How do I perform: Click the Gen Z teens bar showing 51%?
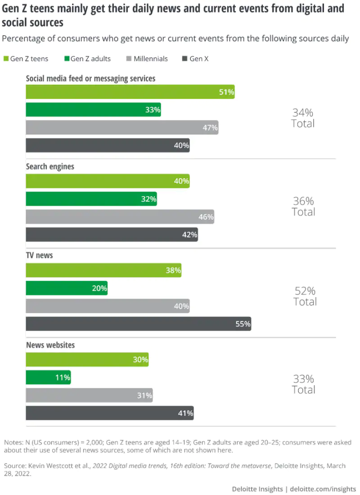click(x=130, y=92)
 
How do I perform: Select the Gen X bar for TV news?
click(x=138, y=324)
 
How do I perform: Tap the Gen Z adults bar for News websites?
click(x=48, y=378)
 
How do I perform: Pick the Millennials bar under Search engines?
click(x=120, y=217)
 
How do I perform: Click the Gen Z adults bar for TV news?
click(x=67, y=288)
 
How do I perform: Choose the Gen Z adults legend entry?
click(x=87, y=58)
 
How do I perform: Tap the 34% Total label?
click(x=303, y=118)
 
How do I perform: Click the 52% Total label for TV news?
click(x=305, y=296)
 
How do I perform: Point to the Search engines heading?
click(x=50, y=166)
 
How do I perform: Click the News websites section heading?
click(x=50, y=345)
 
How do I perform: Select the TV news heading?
click(x=39, y=255)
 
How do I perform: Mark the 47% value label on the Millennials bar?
click(x=210, y=127)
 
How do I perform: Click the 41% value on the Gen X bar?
click(x=186, y=413)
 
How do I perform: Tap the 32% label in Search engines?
click(x=148, y=198)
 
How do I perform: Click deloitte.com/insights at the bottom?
click(x=323, y=489)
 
